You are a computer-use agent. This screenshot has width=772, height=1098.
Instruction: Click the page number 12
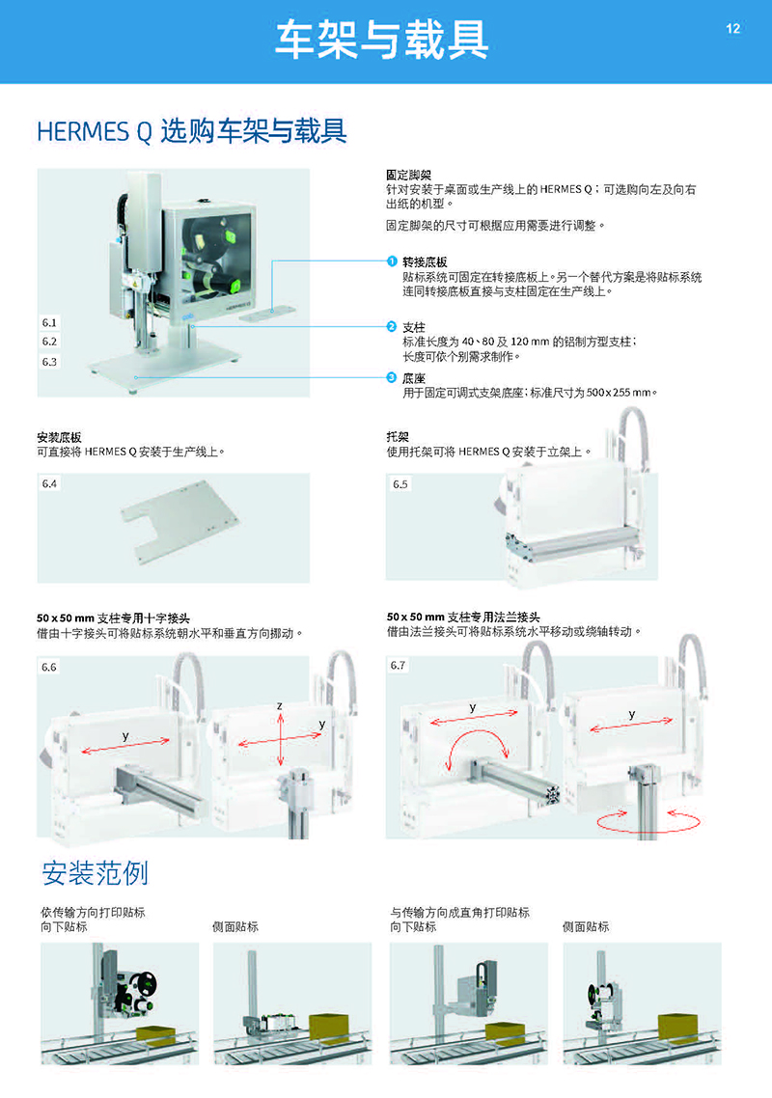pyautogui.click(x=732, y=29)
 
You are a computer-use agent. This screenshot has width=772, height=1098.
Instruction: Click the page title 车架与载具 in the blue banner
pyautogui.click(x=382, y=40)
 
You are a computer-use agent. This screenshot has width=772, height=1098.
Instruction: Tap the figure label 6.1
pyautogui.click(x=49, y=323)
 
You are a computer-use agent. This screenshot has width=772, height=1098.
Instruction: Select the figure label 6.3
pyautogui.click(x=49, y=362)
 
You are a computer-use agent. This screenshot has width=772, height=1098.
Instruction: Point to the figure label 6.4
pyautogui.click(x=49, y=484)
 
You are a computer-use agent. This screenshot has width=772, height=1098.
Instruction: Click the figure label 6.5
pyautogui.click(x=400, y=484)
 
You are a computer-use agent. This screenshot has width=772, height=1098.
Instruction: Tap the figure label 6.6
pyautogui.click(x=49, y=668)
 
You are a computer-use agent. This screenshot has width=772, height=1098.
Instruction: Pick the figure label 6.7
pyautogui.click(x=398, y=665)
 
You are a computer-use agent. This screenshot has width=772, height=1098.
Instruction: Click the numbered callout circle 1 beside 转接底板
pyautogui.click(x=392, y=261)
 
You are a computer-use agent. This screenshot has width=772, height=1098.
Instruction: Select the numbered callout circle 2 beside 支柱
pyautogui.click(x=392, y=326)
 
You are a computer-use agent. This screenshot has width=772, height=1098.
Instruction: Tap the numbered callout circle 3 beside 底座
pyautogui.click(x=392, y=377)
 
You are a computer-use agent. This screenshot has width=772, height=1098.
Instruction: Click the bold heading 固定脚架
pyautogui.click(x=408, y=175)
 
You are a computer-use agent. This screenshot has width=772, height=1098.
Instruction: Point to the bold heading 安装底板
pyautogui.click(x=59, y=438)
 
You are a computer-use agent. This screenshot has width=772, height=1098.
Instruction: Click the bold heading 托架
pyautogui.click(x=398, y=437)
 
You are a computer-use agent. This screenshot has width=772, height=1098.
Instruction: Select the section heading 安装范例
pyautogui.click(x=96, y=873)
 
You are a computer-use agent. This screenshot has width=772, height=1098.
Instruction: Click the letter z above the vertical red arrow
pyautogui.click(x=280, y=706)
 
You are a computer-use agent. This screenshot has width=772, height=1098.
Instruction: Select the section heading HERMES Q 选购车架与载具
pyautogui.click(x=191, y=131)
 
